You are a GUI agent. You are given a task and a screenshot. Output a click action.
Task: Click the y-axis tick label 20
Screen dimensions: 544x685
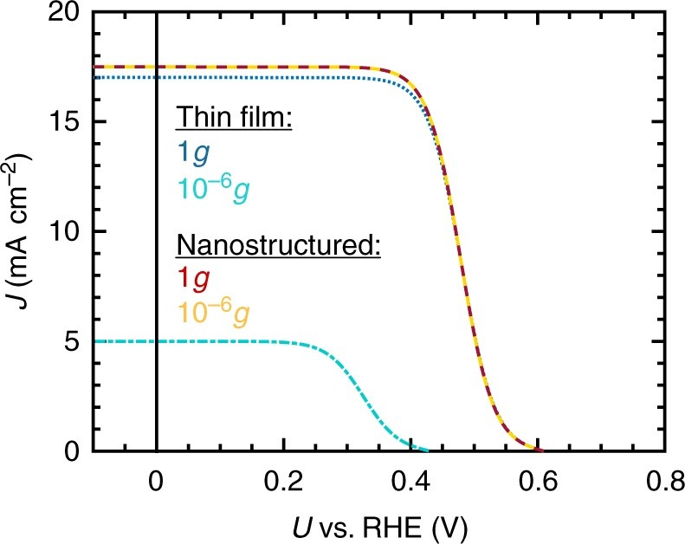point(67,14)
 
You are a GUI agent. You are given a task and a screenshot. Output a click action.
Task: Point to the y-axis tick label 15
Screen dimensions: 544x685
point(67,122)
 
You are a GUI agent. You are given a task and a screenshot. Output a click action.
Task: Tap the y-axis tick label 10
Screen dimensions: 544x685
point(67,232)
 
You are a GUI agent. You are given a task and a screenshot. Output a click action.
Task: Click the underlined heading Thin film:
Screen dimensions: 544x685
point(233,119)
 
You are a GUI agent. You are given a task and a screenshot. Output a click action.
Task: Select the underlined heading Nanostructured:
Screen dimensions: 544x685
point(279,245)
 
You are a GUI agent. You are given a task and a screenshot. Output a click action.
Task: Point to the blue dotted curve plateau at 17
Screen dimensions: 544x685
point(260,77)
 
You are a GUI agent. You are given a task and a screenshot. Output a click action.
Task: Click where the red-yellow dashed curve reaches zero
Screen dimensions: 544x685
point(540,450)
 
